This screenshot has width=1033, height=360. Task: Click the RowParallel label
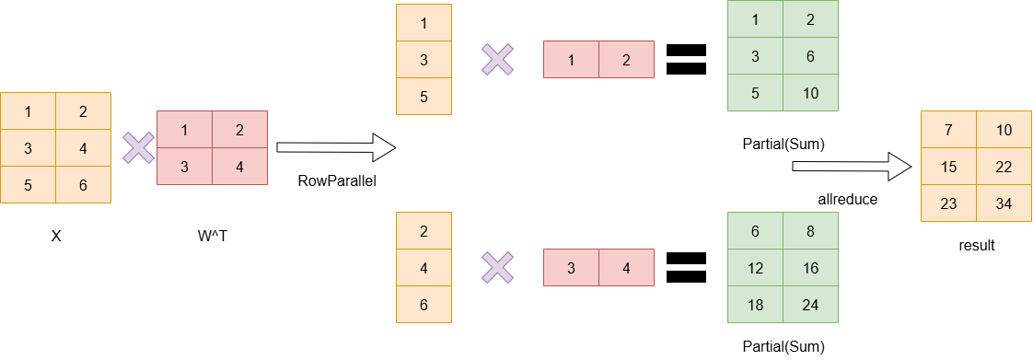pos(337,181)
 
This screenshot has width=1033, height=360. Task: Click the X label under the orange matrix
pos(56,236)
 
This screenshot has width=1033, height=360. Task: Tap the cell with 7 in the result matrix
pos(948,130)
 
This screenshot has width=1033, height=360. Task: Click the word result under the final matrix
pos(977,246)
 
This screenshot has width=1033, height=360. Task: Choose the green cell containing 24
pos(810,305)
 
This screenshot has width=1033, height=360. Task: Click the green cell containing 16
pos(810,268)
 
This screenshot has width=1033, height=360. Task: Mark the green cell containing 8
pos(810,231)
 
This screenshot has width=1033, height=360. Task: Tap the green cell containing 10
pos(810,93)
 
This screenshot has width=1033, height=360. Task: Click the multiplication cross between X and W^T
pos(139,147)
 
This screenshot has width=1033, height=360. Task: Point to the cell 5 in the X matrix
pos(29,184)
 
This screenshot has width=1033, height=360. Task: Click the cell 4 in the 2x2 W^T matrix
pos(239,167)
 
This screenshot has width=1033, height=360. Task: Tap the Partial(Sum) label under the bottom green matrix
pos(783,347)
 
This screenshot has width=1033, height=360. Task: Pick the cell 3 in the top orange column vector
pos(424,60)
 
